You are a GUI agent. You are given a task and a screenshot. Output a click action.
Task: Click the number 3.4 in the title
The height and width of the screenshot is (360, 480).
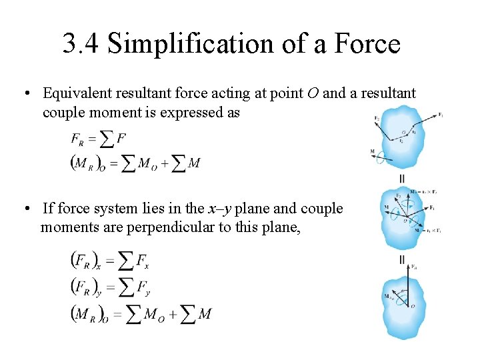click(80, 44)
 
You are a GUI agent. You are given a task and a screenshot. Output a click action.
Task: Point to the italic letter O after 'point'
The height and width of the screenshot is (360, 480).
click(313, 94)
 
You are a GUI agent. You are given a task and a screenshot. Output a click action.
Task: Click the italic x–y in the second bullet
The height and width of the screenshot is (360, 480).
click(218, 209)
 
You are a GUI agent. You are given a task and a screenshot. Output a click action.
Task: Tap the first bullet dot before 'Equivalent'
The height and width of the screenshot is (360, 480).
click(23, 94)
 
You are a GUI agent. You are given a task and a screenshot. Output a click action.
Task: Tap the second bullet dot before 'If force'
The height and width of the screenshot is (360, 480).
click(23, 209)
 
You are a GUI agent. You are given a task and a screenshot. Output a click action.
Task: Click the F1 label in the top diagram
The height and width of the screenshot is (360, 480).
click(440, 115)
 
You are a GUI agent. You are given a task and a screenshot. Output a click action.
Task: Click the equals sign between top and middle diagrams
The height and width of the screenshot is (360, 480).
click(401, 179)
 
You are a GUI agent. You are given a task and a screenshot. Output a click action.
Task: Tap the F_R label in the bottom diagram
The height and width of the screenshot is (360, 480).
click(415, 266)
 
